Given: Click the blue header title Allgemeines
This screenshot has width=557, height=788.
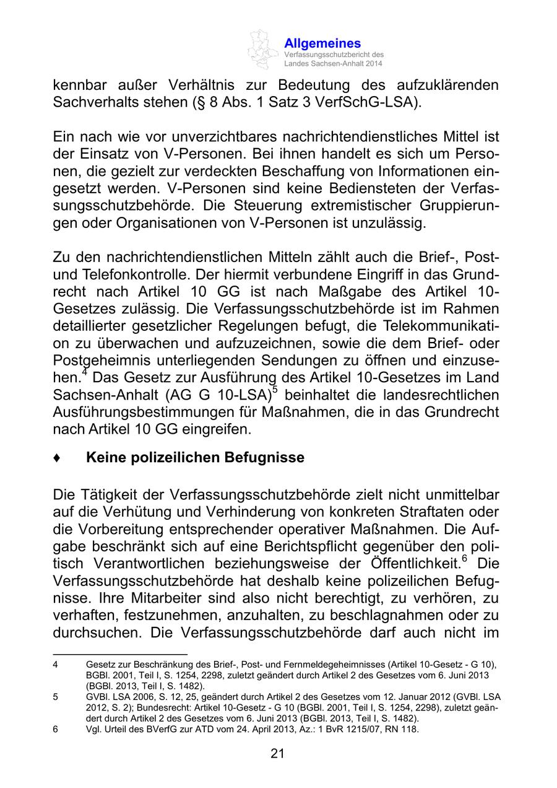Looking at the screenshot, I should (322, 43).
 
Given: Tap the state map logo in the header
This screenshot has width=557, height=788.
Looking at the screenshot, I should (263, 49).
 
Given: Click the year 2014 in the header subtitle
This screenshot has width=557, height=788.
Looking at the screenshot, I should (373, 64).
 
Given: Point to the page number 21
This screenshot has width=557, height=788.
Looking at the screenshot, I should (277, 753).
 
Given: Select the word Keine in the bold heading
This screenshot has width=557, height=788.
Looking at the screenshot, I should (106, 458).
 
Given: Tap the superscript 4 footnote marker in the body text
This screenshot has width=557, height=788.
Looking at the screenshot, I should (85, 372).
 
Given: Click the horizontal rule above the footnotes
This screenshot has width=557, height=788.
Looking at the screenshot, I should (120, 653).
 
